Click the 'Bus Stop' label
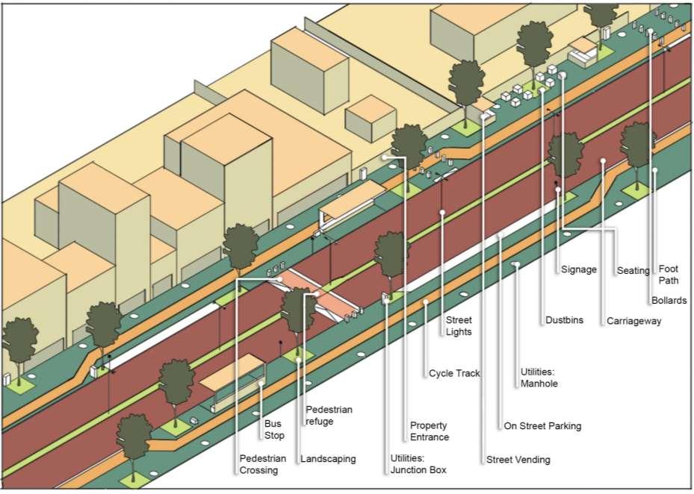(274, 429)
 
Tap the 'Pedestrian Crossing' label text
(258, 464)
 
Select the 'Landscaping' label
(328, 459)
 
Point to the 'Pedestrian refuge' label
(329, 415)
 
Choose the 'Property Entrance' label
(429, 431)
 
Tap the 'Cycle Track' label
(454, 373)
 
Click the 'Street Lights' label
(459, 326)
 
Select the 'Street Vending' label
(518, 460)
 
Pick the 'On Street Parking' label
(542, 426)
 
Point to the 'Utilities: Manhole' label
(539, 378)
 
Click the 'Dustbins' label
(563, 321)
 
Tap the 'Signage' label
(578, 269)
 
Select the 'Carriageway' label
(633, 321)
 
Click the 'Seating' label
(633, 270)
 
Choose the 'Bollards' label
(669, 301)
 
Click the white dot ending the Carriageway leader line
(602, 160)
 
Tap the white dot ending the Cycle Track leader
(425, 302)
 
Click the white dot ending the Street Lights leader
(443, 213)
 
